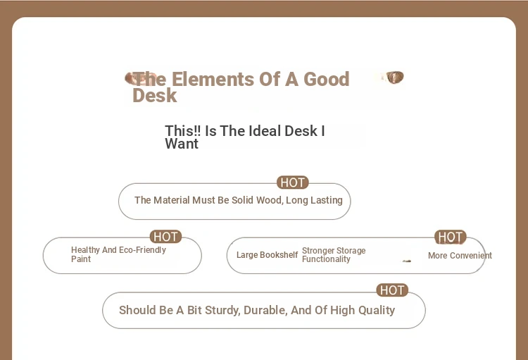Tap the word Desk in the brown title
[155, 95]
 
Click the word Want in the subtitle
[182, 144]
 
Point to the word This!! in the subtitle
[183, 131]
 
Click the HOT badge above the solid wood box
[293, 182]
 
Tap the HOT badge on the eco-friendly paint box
[165, 237]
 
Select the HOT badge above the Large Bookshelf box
[451, 237]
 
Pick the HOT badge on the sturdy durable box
[392, 290]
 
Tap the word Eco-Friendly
[142, 250]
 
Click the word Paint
[81, 259]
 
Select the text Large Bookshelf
[267, 255]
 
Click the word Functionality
[326, 259]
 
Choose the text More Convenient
[460, 256]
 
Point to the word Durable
[265, 311]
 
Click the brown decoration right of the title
[395, 77]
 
